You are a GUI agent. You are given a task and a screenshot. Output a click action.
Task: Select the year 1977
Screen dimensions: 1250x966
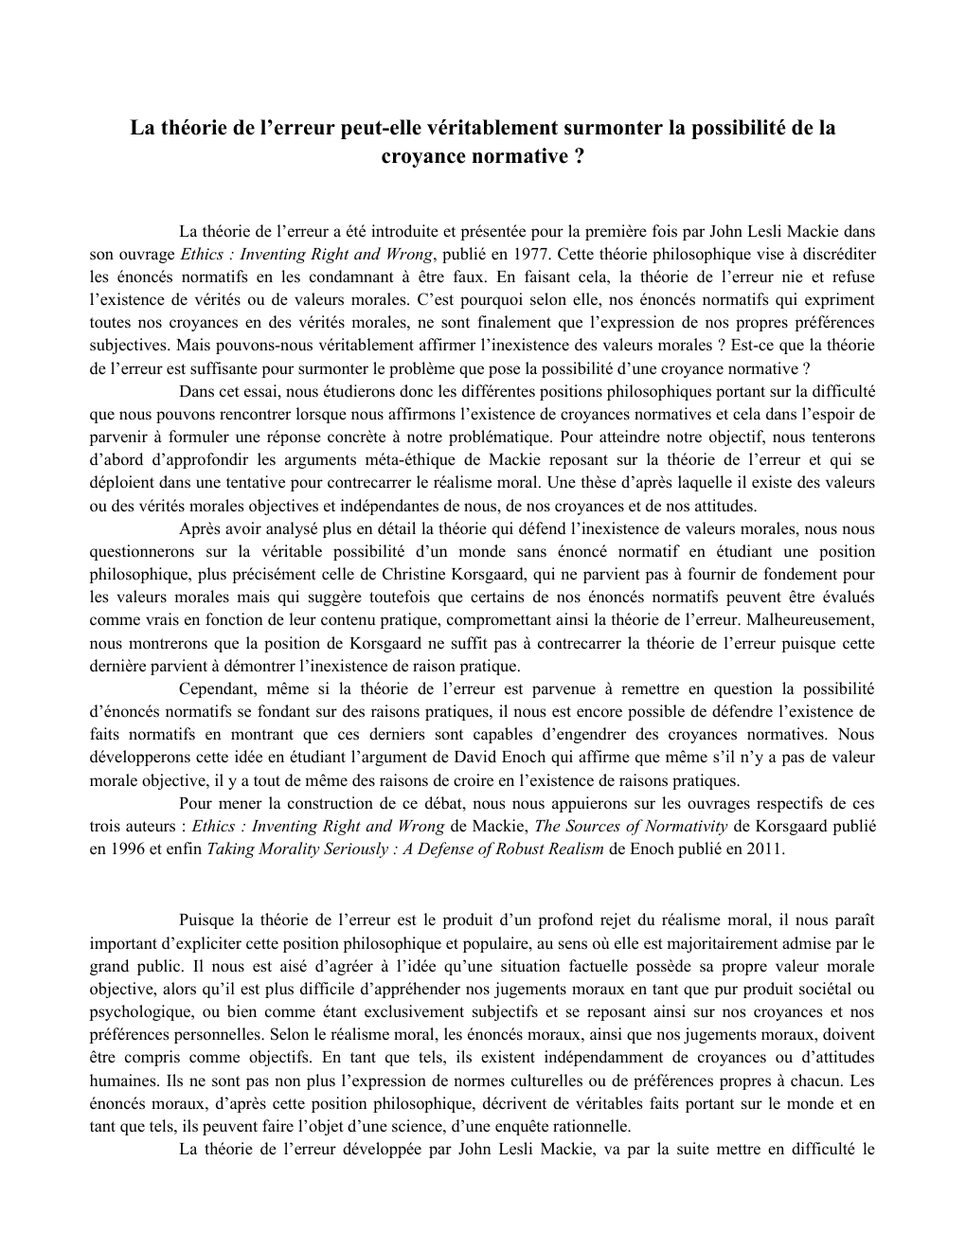coord(530,255)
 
